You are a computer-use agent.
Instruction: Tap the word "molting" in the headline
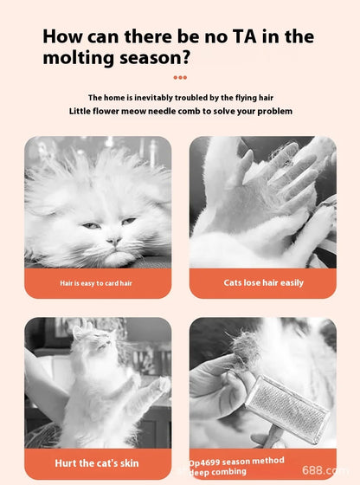[x=79, y=58]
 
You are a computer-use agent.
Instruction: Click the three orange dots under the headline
[x=180, y=77]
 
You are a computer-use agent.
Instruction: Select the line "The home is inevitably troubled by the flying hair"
[x=180, y=97]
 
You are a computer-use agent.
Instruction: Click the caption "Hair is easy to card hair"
[x=96, y=283]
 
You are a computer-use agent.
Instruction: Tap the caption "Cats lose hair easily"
[x=263, y=282]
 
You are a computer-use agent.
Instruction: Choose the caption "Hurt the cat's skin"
[x=97, y=463]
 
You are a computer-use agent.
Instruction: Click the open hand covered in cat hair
[x=277, y=186]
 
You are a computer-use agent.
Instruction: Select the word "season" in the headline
[x=153, y=58]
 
